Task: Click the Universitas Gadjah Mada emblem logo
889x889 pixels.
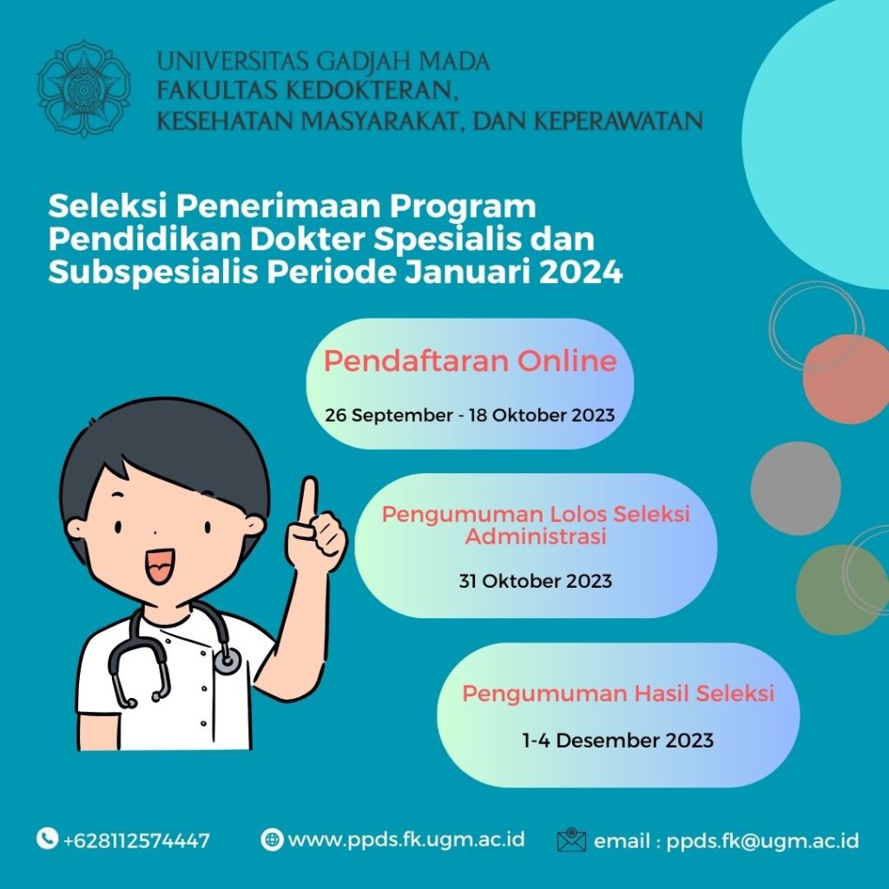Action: (x=83, y=88)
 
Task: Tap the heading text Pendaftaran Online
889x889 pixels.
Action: (x=470, y=361)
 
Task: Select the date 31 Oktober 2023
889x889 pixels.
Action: (x=535, y=581)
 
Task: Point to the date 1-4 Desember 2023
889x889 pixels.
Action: (x=617, y=741)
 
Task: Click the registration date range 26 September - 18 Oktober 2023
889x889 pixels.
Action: (x=470, y=415)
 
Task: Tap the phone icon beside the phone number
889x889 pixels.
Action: (x=47, y=839)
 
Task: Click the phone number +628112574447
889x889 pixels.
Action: (x=136, y=840)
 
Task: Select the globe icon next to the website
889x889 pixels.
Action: (x=272, y=840)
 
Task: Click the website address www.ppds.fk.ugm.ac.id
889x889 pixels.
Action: (x=406, y=840)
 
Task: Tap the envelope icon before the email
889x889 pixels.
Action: (x=571, y=840)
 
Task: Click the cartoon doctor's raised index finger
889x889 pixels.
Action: (x=308, y=499)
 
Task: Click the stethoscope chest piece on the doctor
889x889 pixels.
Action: (x=227, y=662)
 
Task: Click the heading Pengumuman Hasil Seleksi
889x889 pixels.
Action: (x=617, y=694)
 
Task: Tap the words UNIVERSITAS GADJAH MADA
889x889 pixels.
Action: (x=323, y=62)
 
